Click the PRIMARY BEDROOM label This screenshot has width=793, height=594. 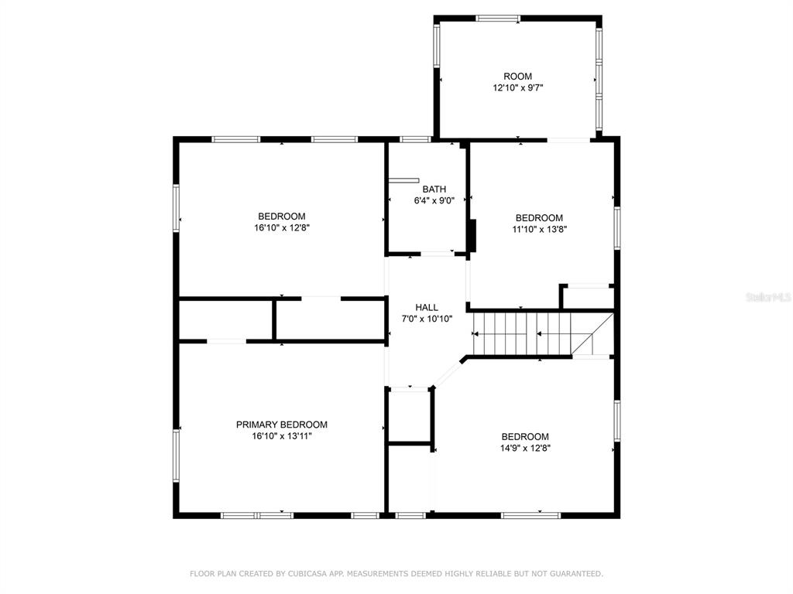tap(282, 425)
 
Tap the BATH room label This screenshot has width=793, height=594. tap(434, 189)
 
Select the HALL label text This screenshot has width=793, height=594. tap(427, 307)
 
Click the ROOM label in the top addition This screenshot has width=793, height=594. tap(517, 77)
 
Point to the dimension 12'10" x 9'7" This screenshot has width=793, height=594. tap(518, 88)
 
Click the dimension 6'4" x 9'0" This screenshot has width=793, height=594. tap(434, 200)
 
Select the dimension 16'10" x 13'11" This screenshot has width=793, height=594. tap(282, 436)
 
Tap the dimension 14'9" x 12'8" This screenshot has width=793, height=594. tap(526, 448)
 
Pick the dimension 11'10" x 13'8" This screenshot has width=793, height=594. tap(540, 229)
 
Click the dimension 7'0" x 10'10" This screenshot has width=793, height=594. tap(427, 319)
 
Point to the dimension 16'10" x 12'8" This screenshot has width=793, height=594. tap(282, 228)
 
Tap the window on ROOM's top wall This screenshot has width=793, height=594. tap(498, 19)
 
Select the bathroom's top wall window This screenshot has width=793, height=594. tap(415, 139)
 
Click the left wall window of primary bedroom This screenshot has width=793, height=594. tap(176, 455)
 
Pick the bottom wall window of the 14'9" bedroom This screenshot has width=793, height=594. tap(531, 515)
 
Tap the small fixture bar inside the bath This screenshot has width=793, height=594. tap(403, 180)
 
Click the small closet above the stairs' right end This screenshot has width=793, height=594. tap(588, 296)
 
